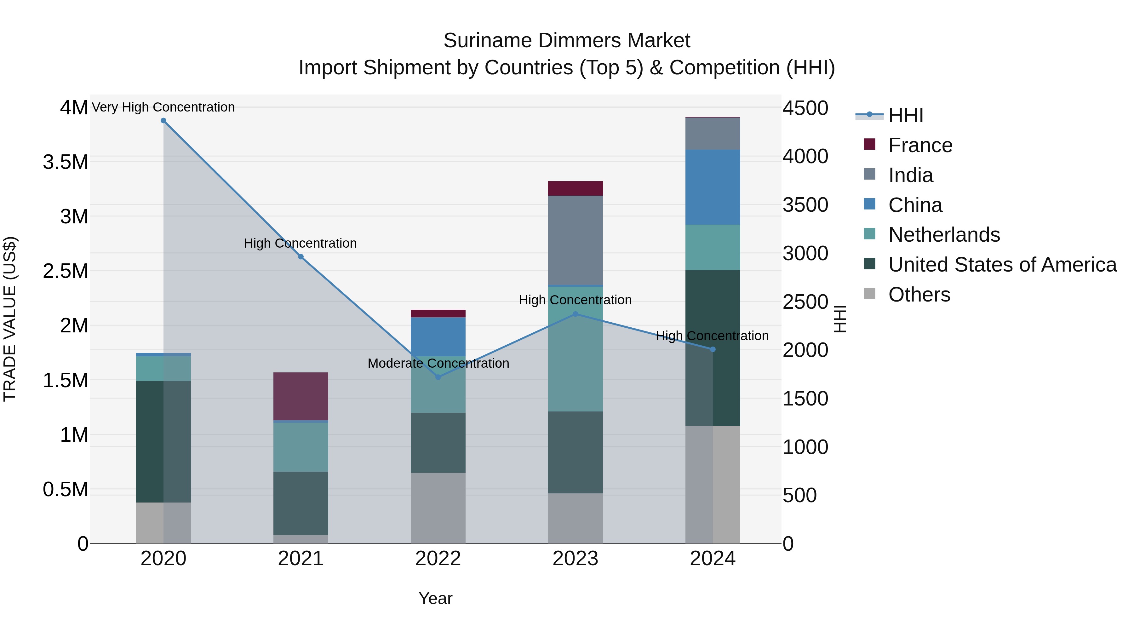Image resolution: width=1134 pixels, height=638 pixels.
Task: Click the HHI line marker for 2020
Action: tap(163, 121)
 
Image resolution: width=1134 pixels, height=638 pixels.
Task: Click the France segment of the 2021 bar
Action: tap(301, 396)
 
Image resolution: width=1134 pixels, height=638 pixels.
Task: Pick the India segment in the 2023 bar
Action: tap(576, 240)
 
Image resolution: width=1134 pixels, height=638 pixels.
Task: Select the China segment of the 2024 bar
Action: tap(713, 187)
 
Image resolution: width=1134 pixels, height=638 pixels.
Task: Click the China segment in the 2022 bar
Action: tap(438, 336)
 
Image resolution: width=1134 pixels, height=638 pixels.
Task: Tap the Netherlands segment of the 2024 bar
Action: tap(713, 247)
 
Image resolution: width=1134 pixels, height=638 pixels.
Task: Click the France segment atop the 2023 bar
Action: tap(576, 188)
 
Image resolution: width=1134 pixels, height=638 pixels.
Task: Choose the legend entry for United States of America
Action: tap(1002, 265)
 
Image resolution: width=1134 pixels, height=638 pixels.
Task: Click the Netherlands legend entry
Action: tap(944, 235)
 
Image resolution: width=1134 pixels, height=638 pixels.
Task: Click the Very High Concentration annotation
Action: tap(163, 107)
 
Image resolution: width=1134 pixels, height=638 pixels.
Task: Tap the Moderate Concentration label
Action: tap(438, 363)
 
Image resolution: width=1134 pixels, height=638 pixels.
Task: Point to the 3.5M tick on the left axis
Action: tap(65, 162)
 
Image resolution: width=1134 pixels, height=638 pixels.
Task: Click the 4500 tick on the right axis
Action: tap(805, 108)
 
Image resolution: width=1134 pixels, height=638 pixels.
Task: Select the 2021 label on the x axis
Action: tap(301, 559)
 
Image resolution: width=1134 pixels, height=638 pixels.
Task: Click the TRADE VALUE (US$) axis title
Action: tap(10, 319)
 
